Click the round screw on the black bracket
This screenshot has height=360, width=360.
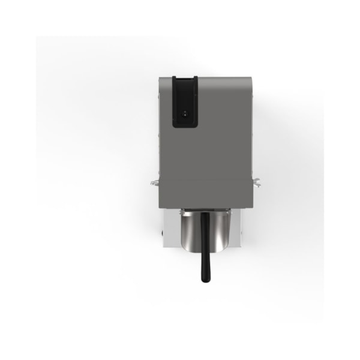(x=185, y=112)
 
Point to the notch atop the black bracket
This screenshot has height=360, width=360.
(x=185, y=80)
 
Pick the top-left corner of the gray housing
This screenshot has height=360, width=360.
(x=159, y=78)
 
